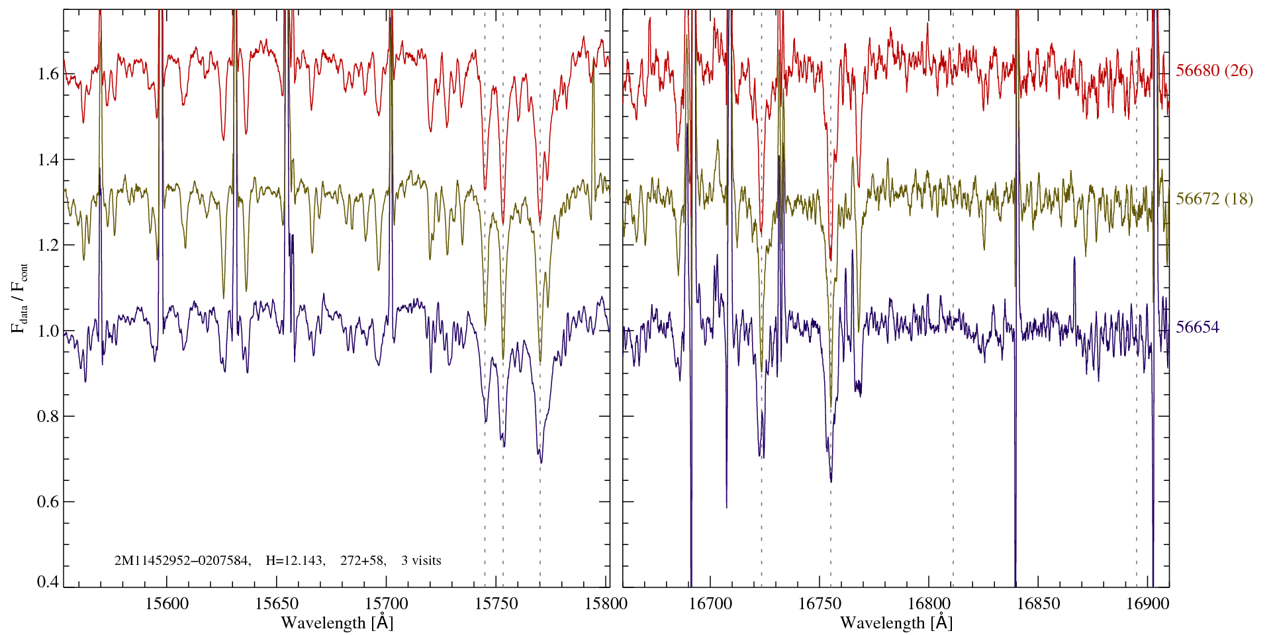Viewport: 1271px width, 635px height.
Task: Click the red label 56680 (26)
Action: pyautogui.click(x=1214, y=71)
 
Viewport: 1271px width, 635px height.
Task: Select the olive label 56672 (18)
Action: pyautogui.click(x=1214, y=199)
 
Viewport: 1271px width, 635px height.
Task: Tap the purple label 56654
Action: pyautogui.click(x=1198, y=327)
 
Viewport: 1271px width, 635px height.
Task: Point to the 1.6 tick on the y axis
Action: pyautogui.click(x=48, y=73)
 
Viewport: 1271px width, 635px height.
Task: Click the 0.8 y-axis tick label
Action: pyautogui.click(x=48, y=416)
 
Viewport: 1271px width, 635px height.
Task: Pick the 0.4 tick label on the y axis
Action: pyautogui.click(x=48, y=582)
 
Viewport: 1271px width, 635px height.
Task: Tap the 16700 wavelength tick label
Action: pyautogui.click(x=710, y=603)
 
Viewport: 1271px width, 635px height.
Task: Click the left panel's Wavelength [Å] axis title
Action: pyautogui.click(x=337, y=623)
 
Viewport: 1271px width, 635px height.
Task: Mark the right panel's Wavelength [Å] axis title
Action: pyautogui.click(x=896, y=623)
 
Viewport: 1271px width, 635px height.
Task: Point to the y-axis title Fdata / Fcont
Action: pyautogui.click(x=20, y=298)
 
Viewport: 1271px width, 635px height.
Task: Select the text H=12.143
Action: pyautogui.click(x=295, y=561)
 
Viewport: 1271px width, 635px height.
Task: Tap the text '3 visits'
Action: pyautogui.click(x=421, y=561)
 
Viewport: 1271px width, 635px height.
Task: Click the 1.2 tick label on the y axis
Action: pyautogui.click(x=48, y=245)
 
